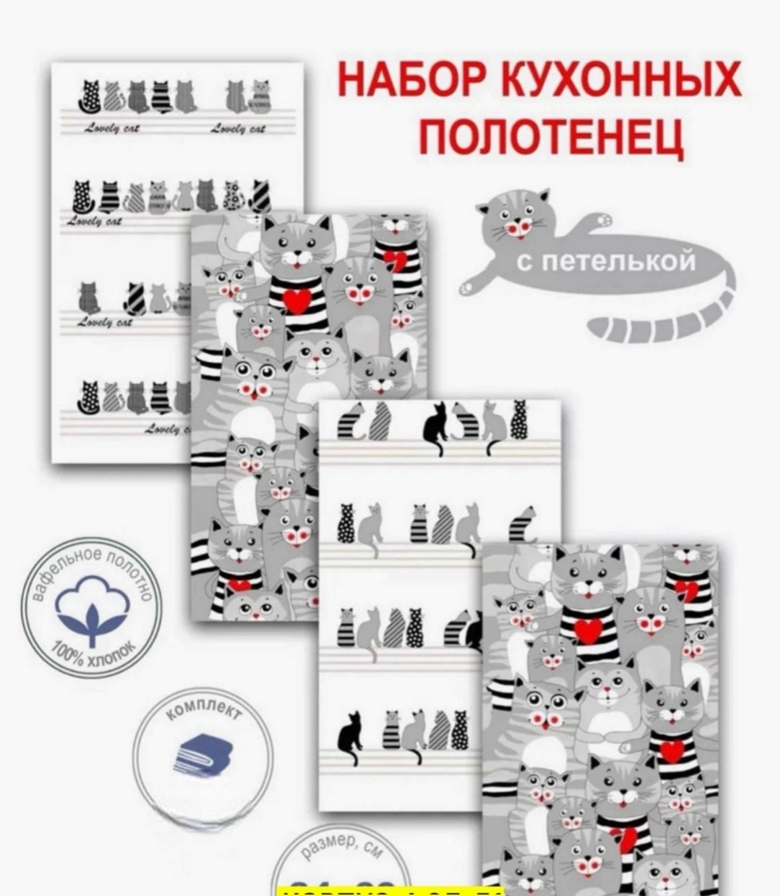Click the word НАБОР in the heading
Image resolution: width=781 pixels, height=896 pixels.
410,81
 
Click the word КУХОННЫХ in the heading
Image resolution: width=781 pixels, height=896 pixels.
618,81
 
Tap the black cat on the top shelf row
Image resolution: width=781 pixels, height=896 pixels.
435,427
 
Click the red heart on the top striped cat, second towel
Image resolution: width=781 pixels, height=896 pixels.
296,300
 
